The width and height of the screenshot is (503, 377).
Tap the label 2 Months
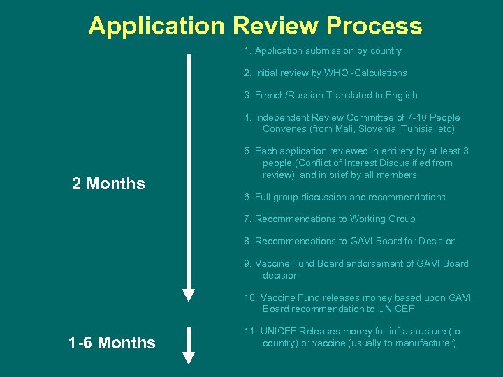108,184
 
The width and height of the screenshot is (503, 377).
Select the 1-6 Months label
112,343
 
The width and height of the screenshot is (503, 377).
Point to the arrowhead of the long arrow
188,293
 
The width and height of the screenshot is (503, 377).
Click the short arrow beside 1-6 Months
188,345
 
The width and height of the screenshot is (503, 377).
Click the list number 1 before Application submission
247,50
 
